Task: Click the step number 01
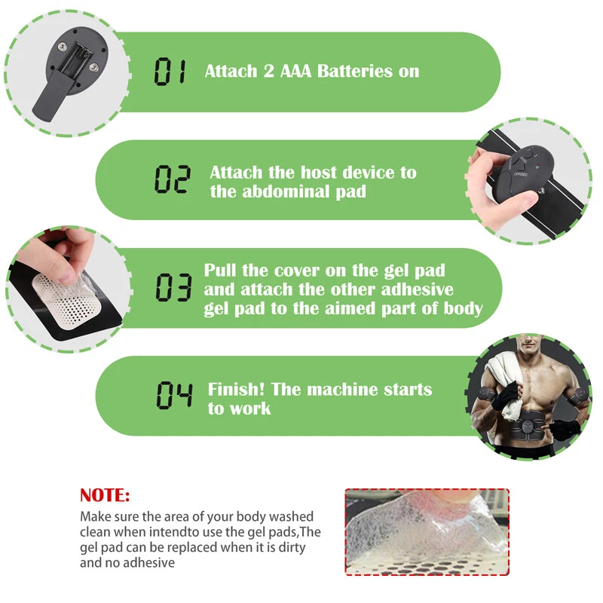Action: tap(170, 71)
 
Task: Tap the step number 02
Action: tap(173, 179)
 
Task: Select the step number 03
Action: tap(173, 287)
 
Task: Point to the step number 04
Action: tap(174, 395)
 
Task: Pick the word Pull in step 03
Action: tap(219, 270)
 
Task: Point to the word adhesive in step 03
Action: tap(417, 289)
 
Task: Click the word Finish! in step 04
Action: tap(236, 389)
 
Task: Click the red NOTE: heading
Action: tap(105, 495)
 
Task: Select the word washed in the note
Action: tap(292, 516)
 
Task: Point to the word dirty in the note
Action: tap(292, 547)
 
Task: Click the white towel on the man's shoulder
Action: tap(504, 384)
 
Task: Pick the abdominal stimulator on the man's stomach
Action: tap(528, 427)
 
